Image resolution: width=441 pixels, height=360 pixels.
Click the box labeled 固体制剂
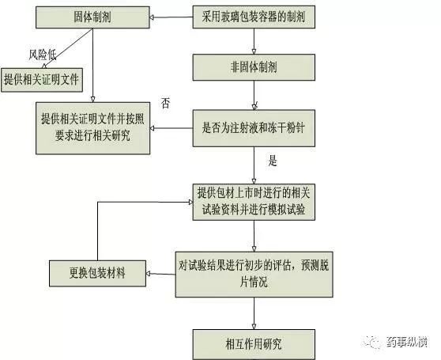click(x=92, y=17)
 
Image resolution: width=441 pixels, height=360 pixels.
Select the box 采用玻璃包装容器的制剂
click(x=254, y=17)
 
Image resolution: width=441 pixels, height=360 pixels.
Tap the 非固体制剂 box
click(x=254, y=67)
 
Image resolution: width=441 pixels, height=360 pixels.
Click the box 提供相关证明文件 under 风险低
click(x=42, y=80)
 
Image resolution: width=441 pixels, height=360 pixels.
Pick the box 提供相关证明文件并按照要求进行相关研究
click(x=92, y=128)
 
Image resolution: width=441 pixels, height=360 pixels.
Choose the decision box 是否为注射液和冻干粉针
click(x=254, y=128)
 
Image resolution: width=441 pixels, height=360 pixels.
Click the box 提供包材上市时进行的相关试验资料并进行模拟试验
click(x=254, y=202)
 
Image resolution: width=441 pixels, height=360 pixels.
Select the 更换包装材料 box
click(x=97, y=273)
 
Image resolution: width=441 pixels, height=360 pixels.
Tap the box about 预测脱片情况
click(x=254, y=275)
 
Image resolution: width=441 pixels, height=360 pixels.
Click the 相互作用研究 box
click(x=254, y=344)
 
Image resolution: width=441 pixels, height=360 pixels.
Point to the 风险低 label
click(x=43, y=55)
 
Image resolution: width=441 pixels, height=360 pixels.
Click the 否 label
click(x=166, y=104)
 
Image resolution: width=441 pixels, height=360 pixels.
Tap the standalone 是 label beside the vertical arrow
click(x=273, y=161)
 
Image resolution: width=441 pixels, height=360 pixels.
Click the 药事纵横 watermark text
click(x=407, y=342)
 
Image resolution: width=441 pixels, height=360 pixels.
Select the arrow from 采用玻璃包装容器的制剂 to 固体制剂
click(x=171, y=17)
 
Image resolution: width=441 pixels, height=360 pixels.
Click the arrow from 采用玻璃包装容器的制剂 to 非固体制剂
click(x=254, y=41)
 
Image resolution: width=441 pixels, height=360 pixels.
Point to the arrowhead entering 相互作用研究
click(x=254, y=327)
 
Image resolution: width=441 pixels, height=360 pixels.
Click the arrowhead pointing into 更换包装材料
click(x=149, y=274)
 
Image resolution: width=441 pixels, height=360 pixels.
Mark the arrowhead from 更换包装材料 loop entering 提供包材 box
click(x=190, y=202)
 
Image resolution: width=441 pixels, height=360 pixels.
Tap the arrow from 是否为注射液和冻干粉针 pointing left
click(x=171, y=128)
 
